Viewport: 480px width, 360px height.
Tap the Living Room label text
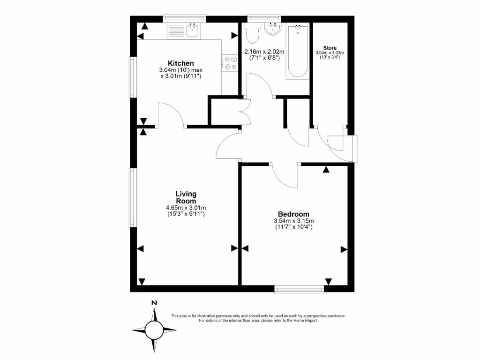(x=186, y=197)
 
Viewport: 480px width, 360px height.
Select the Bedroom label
(x=293, y=213)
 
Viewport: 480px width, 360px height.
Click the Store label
(x=330, y=48)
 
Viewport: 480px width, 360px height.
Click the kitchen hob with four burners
(x=230, y=63)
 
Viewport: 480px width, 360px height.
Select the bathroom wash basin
(x=272, y=30)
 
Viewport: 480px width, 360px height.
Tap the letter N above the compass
(x=154, y=303)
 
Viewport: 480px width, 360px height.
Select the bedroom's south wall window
(x=299, y=289)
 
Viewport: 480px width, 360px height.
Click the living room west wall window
(x=133, y=197)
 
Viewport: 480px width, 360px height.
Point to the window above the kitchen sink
(x=184, y=18)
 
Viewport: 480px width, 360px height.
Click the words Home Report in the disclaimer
(x=305, y=321)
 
